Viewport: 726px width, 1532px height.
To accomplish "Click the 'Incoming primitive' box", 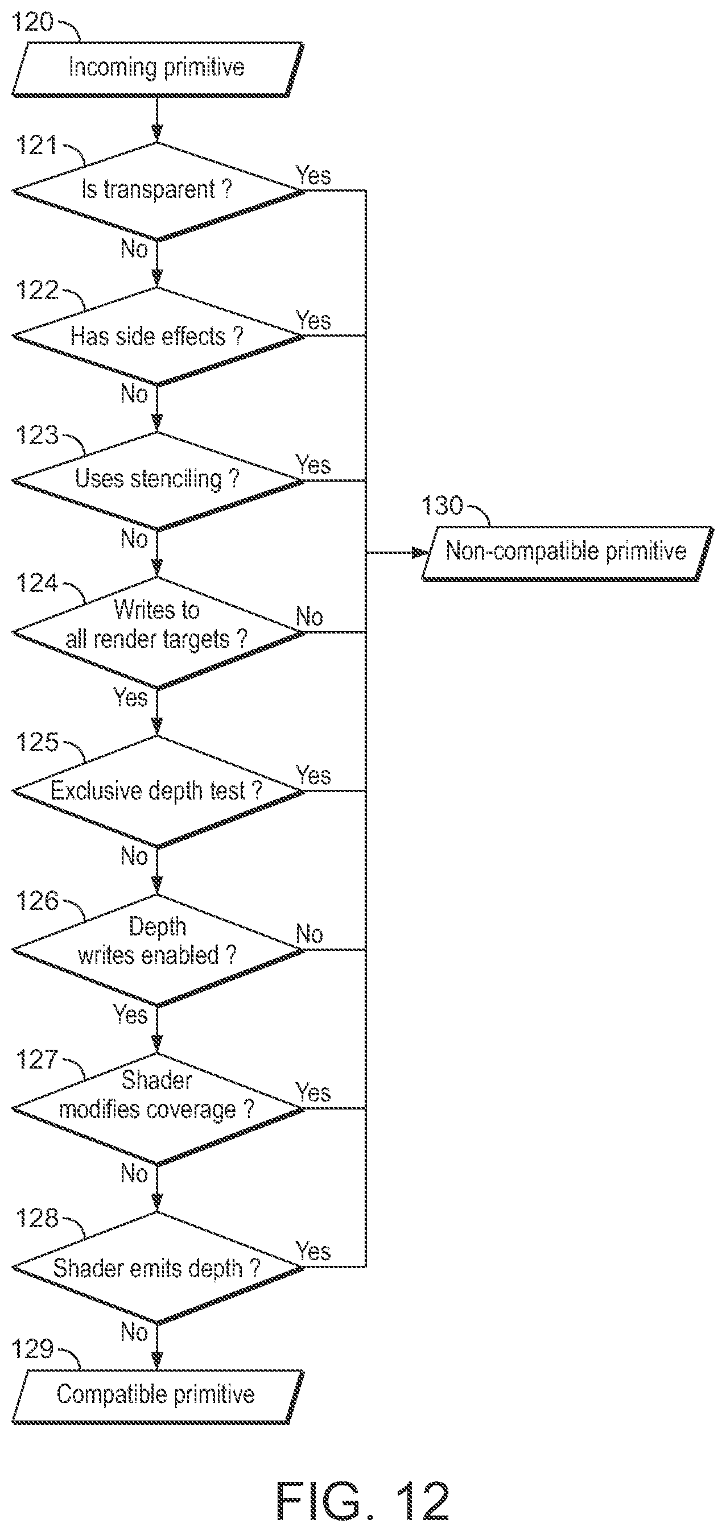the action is pos(158,69).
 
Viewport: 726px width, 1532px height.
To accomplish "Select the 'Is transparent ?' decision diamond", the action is pos(158,191).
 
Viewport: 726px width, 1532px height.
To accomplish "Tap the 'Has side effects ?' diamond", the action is pos(158,336).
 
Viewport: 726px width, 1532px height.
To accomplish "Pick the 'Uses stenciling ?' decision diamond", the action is pos(158,481).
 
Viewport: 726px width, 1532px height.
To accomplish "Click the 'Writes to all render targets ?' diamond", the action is pos(158,633).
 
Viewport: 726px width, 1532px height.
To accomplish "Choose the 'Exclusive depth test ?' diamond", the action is pos(158,792).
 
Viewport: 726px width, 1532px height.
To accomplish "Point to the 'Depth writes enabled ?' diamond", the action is pos(158,950).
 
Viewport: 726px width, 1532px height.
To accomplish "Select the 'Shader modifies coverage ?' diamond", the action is pos(158,1108).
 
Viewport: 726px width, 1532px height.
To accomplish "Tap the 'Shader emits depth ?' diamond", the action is pos(158,1268).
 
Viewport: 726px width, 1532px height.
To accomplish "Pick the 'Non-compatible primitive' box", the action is pos(568,553).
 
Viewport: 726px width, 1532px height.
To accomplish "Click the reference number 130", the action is pos(442,506).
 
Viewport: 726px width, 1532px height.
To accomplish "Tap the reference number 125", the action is pos(37,742).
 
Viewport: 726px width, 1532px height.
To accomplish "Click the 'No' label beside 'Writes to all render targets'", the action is pos(310,617).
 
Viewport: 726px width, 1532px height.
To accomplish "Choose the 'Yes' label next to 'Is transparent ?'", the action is pos(313,176).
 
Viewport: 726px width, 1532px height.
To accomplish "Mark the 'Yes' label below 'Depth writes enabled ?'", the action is pos(130,1015).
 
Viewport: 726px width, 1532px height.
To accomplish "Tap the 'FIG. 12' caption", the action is pos(363,1501).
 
